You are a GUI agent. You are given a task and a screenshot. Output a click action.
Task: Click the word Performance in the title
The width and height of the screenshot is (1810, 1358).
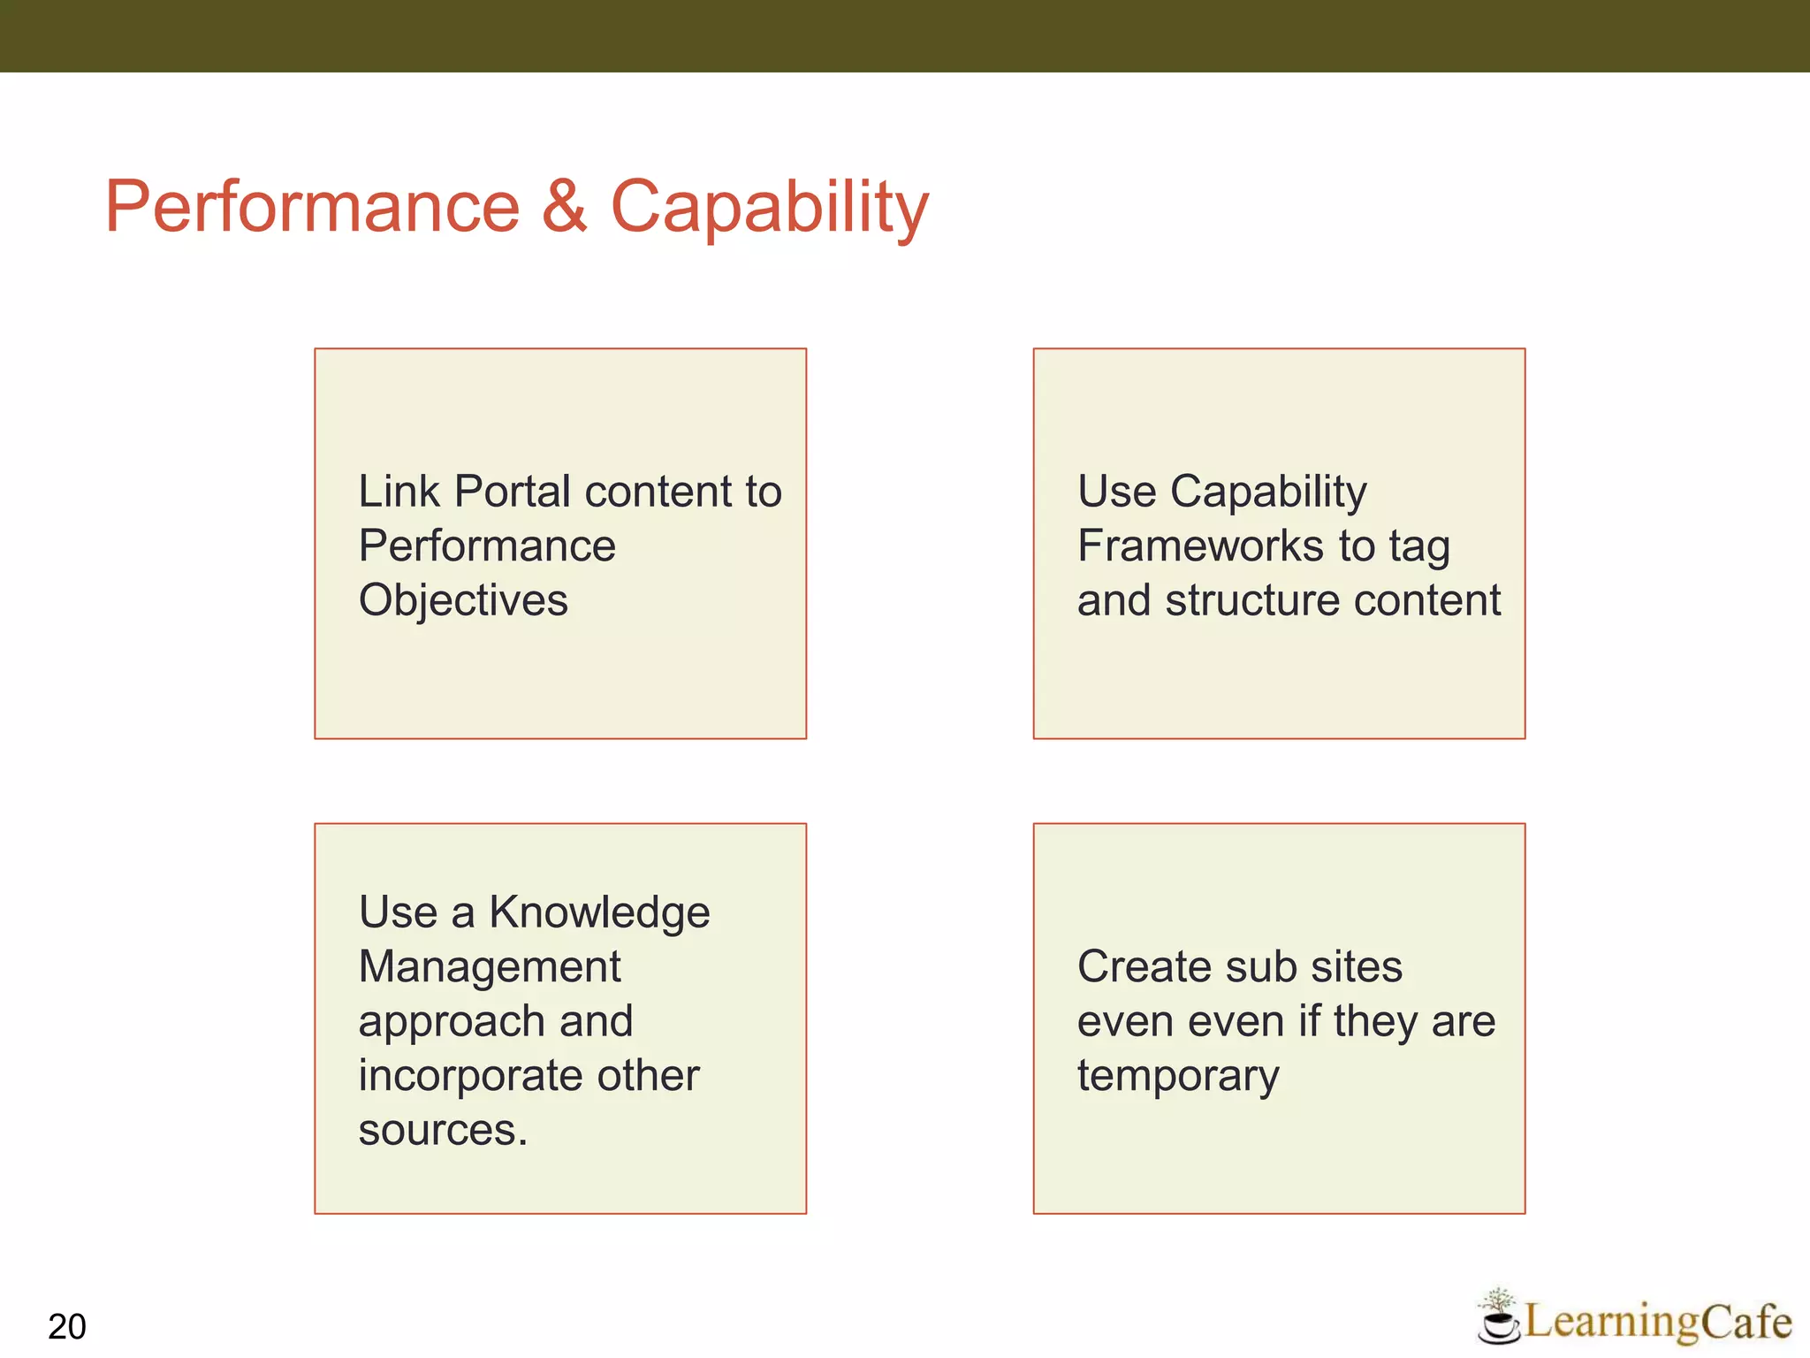312,206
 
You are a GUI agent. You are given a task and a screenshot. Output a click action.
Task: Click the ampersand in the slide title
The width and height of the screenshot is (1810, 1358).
564,206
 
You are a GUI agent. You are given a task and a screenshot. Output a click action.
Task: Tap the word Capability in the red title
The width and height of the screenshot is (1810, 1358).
769,208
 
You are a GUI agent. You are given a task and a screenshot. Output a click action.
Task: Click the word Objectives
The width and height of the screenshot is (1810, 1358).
463,601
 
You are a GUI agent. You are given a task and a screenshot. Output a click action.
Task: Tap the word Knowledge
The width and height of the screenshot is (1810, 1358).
599,913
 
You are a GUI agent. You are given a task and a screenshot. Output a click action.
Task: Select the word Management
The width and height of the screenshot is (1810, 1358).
490,967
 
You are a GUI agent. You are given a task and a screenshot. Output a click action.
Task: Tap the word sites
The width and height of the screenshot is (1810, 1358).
1357,966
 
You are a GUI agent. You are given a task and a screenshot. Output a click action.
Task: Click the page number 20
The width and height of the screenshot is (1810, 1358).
67,1327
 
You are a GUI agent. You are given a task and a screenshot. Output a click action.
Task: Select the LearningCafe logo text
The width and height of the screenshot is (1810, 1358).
1658,1321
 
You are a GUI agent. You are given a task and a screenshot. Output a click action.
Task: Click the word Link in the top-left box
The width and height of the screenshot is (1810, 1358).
399,492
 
